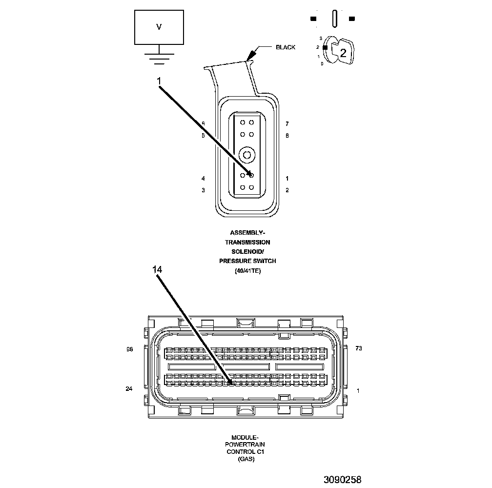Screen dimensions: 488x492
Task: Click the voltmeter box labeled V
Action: [159, 27]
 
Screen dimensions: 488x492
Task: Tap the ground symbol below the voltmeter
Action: [159, 56]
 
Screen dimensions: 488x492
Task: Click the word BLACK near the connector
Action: [286, 47]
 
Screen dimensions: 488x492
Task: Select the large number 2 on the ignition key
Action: [343, 53]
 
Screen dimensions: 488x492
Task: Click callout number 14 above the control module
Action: [157, 269]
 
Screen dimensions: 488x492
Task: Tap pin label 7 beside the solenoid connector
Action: [287, 124]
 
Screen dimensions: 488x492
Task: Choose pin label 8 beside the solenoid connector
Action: [287, 135]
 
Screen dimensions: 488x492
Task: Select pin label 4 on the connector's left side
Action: [203, 179]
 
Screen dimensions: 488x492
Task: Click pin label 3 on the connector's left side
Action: [203, 190]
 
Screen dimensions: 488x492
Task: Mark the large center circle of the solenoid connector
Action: [247, 156]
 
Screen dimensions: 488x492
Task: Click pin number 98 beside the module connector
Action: [129, 349]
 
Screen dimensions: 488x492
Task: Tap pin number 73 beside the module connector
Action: [359, 349]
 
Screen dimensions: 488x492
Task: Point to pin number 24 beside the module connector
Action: [129, 389]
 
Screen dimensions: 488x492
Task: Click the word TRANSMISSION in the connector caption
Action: [247, 242]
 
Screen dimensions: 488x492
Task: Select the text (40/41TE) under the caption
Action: [247, 271]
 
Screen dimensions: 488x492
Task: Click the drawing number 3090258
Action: [342, 480]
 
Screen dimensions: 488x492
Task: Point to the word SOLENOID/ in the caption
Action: [247, 252]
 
